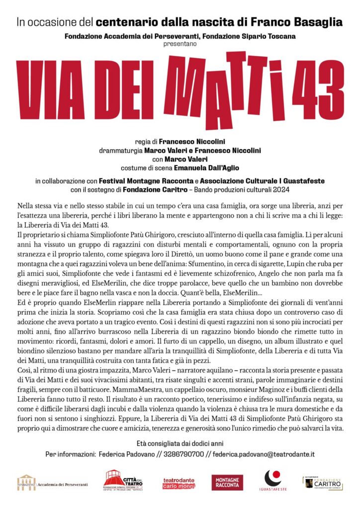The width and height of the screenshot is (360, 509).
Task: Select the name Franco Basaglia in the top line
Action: click(302, 22)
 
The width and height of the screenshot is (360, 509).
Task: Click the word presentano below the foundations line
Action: click(180, 44)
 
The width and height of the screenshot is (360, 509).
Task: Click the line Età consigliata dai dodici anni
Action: click(180, 443)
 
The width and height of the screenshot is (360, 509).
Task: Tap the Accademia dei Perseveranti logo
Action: click(53, 482)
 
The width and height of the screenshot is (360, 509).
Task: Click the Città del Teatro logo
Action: click(123, 481)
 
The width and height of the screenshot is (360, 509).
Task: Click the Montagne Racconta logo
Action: click(228, 482)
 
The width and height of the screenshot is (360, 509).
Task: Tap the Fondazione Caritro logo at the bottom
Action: click(323, 482)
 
